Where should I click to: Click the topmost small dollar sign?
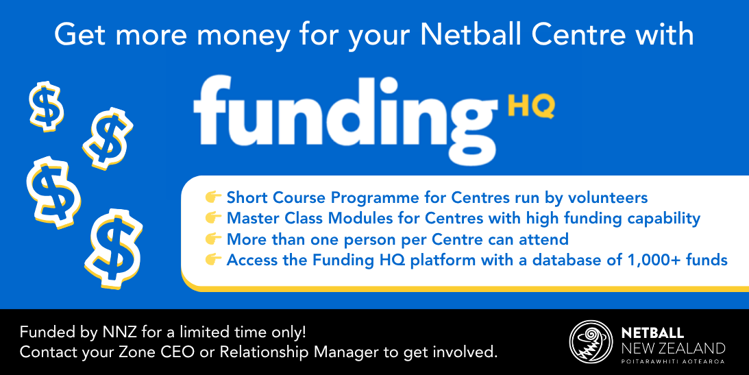(x=47, y=106)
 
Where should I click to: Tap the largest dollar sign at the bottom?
(x=114, y=248)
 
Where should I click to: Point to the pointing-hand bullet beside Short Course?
(x=213, y=197)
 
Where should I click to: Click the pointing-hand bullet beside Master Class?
(x=213, y=218)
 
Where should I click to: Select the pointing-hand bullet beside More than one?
(x=213, y=239)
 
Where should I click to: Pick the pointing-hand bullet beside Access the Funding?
(x=213, y=259)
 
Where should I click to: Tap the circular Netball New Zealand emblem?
(x=591, y=342)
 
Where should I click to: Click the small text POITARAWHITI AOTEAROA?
(x=673, y=361)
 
